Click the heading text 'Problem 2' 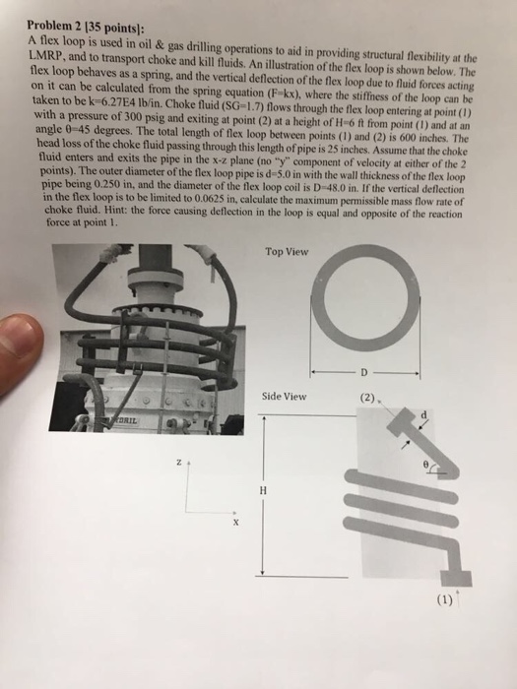coord(55,25)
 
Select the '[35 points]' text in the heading coord(117,24)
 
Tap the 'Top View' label coord(287,251)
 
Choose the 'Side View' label coord(285,397)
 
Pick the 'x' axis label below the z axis coord(235,523)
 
